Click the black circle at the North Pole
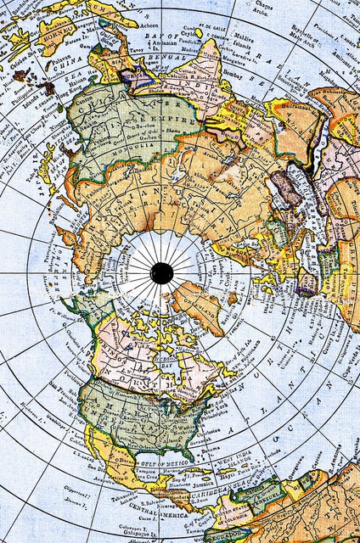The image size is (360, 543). click(161, 272)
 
